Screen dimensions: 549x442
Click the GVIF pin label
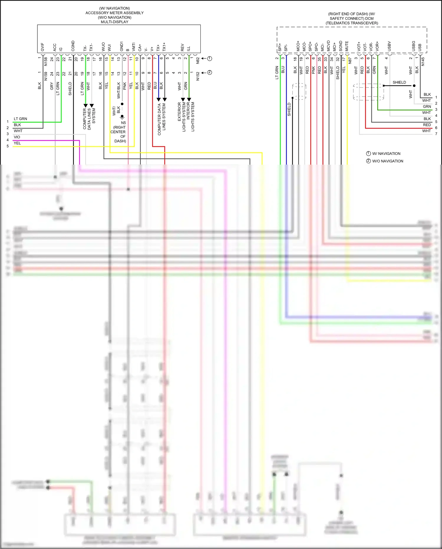[x=42, y=47]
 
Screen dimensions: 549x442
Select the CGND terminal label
[x=73, y=46]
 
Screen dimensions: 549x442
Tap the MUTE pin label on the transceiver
[x=347, y=46]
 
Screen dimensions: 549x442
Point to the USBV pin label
[x=389, y=46]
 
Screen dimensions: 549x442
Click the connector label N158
[x=46, y=61]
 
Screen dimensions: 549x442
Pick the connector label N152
[x=198, y=76]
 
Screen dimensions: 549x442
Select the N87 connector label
[x=350, y=60]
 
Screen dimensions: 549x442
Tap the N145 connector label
[x=423, y=61]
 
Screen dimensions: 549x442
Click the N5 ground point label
[x=123, y=123]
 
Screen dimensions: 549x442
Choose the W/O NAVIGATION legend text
[x=387, y=161]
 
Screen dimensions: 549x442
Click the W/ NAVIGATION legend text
[x=386, y=154]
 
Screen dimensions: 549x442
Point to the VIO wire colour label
[x=17, y=137]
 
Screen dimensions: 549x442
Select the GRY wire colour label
[x=52, y=86]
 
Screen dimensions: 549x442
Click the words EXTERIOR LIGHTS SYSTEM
[x=182, y=117]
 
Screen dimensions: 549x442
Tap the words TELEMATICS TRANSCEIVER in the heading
[x=352, y=23]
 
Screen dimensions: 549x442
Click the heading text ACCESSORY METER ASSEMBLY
[x=114, y=13]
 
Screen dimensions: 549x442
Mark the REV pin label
[x=182, y=47]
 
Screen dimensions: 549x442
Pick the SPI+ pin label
[x=280, y=47]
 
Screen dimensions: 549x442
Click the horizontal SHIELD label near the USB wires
[x=399, y=82]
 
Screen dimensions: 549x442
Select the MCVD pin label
[x=329, y=46]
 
